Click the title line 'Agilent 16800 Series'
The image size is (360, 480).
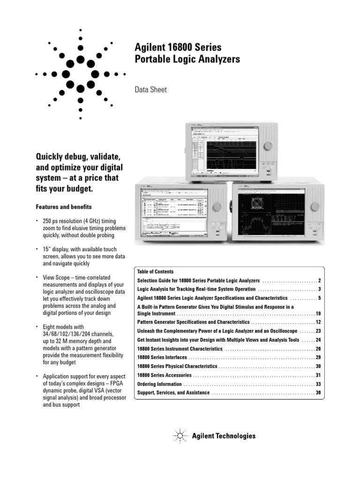click(x=178, y=47)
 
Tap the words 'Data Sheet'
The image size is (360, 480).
click(x=150, y=89)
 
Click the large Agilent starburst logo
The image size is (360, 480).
click(x=81, y=74)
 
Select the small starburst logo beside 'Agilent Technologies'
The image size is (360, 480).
click(x=181, y=436)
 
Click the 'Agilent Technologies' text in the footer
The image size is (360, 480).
click(x=224, y=436)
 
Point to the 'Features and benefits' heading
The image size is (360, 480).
click(x=64, y=207)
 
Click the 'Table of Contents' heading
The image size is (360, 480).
click(x=155, y=272)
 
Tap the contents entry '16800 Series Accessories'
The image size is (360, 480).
click(x=164, y=375)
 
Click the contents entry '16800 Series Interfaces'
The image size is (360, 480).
click(x=163, y=357)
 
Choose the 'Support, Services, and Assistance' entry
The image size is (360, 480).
click(x=173, y=392)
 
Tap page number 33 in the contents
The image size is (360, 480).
click(x=318, y=384)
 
